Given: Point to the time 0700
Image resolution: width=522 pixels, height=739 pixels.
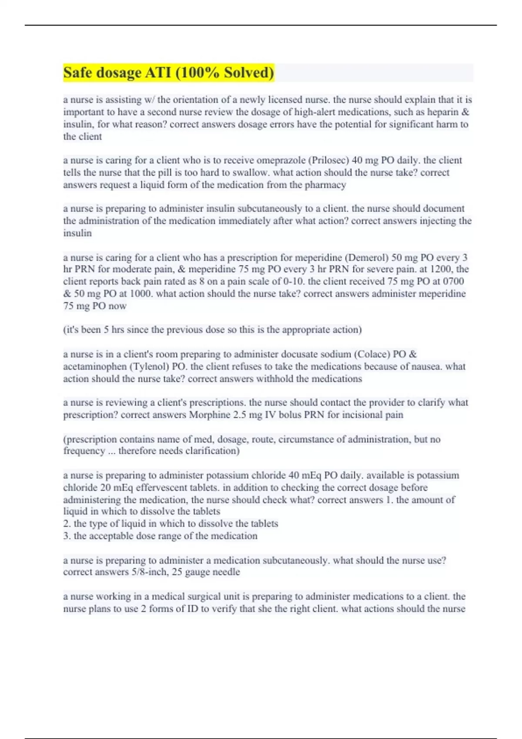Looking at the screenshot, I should click(452, 281).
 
